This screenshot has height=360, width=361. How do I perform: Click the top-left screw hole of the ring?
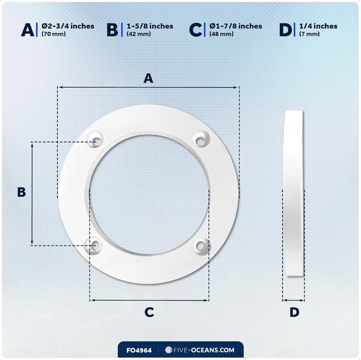coord(96,141)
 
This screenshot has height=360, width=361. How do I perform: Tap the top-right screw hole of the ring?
coord(201,141)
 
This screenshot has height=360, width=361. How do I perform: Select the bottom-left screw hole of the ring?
coord(95,246)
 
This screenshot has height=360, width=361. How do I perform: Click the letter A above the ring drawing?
coord(149,78)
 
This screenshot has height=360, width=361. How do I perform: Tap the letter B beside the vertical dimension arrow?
coord(22,192)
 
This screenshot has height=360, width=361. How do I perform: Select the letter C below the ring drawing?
coord(149,312)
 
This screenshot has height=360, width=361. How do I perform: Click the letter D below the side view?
coord(294,312)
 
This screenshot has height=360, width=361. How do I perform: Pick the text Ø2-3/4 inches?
coord(68,26)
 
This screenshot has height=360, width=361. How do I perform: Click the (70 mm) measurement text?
coord(54,34)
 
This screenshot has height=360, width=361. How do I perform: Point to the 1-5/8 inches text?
coord(150,26)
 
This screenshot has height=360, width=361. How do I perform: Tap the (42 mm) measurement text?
coord(138,34)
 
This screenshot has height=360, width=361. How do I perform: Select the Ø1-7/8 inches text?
coord(236,26)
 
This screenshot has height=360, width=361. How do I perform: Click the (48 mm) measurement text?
coord(221,34)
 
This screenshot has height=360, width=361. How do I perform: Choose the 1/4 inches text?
coord(318,26)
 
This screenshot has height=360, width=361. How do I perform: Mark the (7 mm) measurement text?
coord(309,34)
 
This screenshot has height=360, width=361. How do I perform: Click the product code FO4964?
coord(139,350)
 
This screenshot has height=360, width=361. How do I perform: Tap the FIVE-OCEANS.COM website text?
coord(204,350)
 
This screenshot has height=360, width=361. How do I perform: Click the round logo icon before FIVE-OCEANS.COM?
coord(168,350)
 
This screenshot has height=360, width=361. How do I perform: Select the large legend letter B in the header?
coord(112,30)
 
